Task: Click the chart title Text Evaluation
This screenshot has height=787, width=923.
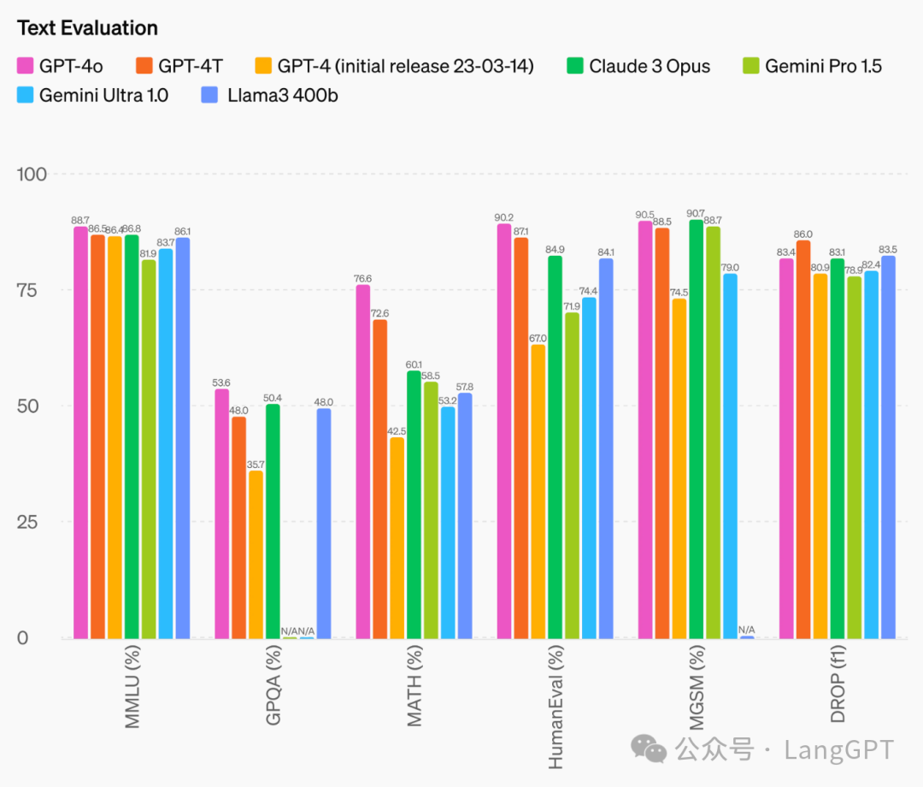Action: coord(87,28)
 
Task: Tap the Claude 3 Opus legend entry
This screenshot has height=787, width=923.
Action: coord(649,66)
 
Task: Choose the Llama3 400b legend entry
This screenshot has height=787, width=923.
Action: coord(282,95)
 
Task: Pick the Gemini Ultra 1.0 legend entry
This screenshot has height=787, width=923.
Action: coord(103,95)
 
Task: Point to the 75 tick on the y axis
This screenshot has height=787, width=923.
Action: coord(32,290)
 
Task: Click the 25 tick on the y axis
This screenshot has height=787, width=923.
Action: coord(32,522)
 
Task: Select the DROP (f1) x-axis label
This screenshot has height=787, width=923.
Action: coord(838,684)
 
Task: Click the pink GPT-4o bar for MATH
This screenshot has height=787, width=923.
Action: coord(363,462)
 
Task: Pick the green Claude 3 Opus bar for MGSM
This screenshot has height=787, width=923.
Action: coord(697,429)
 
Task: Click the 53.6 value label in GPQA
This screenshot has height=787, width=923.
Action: coord(221,382)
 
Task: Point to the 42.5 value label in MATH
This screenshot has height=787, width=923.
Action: coord(397,431)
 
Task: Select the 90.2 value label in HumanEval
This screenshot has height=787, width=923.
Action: coord(504,217)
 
